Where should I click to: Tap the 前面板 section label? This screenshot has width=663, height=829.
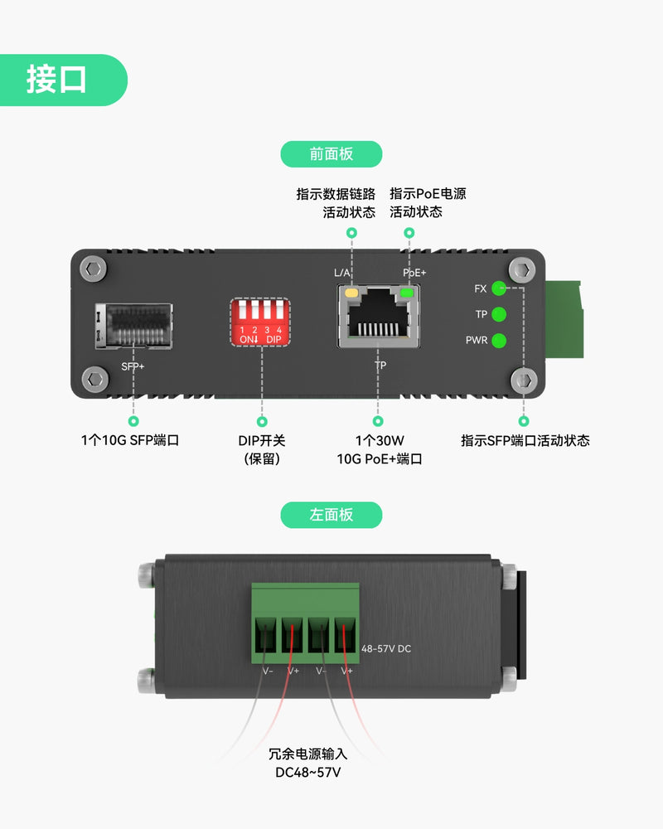pyautogui.click(x=331, y=154)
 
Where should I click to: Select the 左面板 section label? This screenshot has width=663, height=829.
pyautogui.click(x=331, y=515)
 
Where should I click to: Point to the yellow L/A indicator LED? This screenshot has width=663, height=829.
pyautogui.click(x=351, y=293)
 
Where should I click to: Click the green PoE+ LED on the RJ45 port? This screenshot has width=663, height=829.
pyautogui.click(x=407, y=293)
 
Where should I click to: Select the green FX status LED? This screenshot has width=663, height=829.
pyautogui.click(x=499, y=288)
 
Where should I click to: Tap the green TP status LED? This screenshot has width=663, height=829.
pyautogui.click(x=499, y=314)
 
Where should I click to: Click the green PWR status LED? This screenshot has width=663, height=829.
pyautogui.click(x=499, y=340)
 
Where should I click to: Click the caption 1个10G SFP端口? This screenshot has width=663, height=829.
pyautogui.click(x=130, y=440)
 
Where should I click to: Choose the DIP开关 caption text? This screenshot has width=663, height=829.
pyautogui.click(x=262, y=440)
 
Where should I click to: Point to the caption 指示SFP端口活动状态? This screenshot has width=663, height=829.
pyautogui.click(x=525, y=440)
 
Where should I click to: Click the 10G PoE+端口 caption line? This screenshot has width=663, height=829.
pyautogui.click(x=380, y=458)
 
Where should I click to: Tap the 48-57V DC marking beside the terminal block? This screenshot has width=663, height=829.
pyautogui.click(x=386, y=648)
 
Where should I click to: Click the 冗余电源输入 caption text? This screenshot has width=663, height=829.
pyautogui.click(x=308, y=754)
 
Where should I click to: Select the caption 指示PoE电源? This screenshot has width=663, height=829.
pyautogui.click(x=428, y=194)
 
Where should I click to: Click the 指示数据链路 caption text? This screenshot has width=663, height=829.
pyautogui.click(x=336, y=194)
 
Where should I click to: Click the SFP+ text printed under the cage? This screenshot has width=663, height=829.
pyautogui.click(x=133, y=364)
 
